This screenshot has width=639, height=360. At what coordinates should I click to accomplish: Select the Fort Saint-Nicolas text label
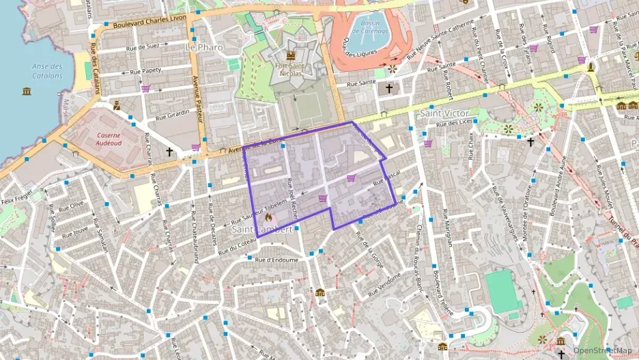pos(291,68)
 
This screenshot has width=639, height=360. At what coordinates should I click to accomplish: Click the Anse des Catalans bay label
pos(47,71)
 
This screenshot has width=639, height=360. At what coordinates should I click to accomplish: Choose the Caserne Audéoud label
pos(109,140)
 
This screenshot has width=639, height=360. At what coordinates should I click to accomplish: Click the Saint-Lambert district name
pos(263,230)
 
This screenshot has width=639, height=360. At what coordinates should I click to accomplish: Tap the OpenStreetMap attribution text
pos(602,350)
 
